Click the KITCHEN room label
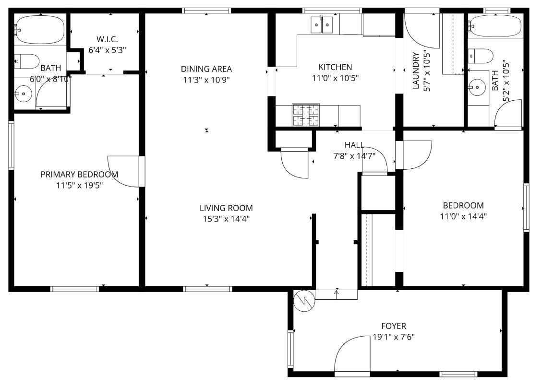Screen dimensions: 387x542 point(335,67)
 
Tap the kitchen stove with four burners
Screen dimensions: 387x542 point(306,115)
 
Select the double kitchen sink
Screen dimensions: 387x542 point(322,24)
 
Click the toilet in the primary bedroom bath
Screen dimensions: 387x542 point(27,61)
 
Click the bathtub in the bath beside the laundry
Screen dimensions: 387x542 point(496,26)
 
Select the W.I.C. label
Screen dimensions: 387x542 point(107,39)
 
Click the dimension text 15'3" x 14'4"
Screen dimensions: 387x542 point(226,219)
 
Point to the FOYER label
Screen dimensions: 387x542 point(394,326)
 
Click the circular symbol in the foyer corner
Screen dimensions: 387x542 point(303,300)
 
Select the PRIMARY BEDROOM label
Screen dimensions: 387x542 point(79,174)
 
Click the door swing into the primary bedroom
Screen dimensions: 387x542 point(124,171)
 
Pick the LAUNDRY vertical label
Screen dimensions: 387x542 point(416,70)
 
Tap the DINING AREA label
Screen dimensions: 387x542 point(206,69)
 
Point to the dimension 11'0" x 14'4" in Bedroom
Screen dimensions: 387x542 point(463,216)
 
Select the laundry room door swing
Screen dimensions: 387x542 point(421,31)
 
